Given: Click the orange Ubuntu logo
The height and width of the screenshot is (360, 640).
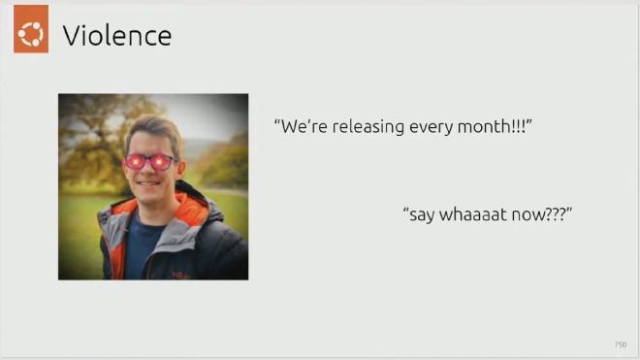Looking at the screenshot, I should [x=31, y=35].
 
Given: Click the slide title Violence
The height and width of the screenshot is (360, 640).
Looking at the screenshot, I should [x=116, y=37].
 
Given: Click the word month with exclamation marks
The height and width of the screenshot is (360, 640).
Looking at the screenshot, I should [x=494, y=127].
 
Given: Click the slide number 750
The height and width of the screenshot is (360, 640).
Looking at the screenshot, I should [x=620, y=344].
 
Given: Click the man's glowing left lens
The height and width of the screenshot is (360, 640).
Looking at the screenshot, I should [x=137, y=161].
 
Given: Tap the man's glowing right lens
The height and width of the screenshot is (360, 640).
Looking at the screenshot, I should [x=165, y=162].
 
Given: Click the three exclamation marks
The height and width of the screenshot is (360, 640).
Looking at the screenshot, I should [x=525, y=127].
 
